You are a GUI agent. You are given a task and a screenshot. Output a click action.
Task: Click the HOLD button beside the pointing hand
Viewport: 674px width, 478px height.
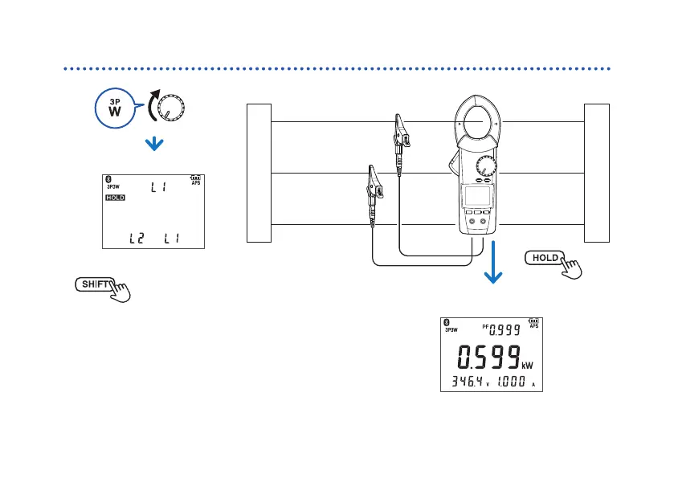pos(544,258)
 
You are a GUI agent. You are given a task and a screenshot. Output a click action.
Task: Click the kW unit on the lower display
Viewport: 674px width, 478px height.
pos(528,366)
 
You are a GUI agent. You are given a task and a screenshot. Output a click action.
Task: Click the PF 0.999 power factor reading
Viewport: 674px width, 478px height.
pos(497,329)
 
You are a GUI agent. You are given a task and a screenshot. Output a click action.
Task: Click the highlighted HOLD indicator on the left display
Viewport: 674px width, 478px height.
pos(115,197)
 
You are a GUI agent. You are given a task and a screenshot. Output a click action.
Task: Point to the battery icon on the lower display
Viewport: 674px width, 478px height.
pos(533,321)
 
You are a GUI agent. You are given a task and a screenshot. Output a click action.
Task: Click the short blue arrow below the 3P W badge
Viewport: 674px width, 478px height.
pos(153,144)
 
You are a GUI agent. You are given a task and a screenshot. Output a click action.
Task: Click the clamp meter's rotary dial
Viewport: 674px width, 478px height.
pos(484,167)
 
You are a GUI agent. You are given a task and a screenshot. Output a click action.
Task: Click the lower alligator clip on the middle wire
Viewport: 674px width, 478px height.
pos(374,185)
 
